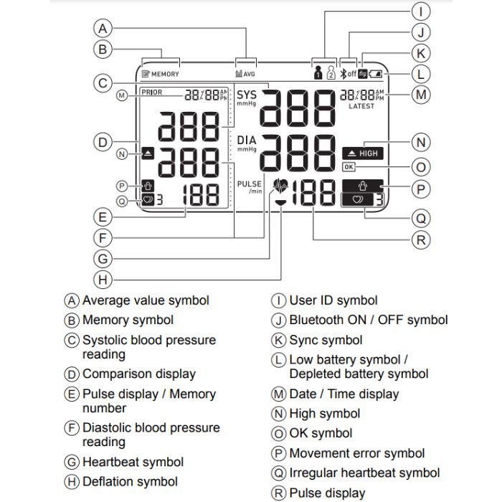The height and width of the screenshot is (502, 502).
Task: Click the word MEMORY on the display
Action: tap(165, 74)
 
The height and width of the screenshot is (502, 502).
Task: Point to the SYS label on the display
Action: tap(246, 95)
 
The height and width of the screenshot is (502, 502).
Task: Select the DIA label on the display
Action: tap(246, 140)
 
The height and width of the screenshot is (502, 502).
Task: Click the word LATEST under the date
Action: tap(361, 106)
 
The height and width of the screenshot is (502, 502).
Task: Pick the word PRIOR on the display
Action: tap(152, 92)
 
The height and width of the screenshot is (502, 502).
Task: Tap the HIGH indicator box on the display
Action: tap(363, 153)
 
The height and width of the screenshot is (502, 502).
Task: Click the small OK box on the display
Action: tap(349, 167)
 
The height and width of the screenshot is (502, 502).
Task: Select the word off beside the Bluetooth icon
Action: tap(351, 73)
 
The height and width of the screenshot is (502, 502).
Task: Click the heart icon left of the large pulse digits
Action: tap(281, 186)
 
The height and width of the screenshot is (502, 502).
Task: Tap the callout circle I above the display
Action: tap(422, 11)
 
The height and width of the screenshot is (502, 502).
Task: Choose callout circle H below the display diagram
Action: tap(104, 278)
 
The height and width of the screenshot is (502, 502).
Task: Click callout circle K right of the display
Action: tap(422, 52)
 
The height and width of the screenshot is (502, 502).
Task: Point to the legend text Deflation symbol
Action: tap(130, 481)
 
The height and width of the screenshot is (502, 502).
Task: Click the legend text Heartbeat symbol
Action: tap(133, 462)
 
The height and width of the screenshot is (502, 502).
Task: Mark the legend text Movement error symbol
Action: tap(356, 453)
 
